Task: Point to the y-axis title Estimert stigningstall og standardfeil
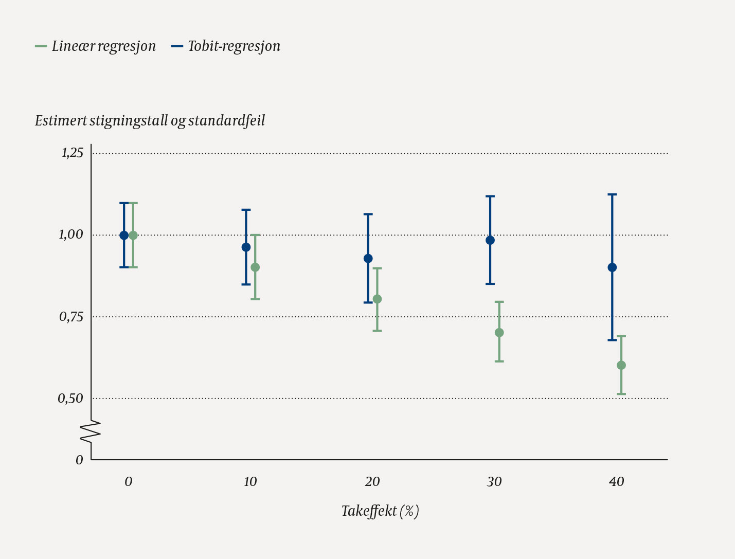[150, 121]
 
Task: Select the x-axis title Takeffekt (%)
[380, 511]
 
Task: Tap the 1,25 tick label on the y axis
[72, 153]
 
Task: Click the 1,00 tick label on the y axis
[71, 235]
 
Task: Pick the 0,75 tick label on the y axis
[71, 317]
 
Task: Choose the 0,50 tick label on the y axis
[70, 399]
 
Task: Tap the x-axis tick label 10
[250, 482]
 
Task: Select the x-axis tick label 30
[494, 482]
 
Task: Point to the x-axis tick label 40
[616, 482]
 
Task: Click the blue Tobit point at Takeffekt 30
[490, 240]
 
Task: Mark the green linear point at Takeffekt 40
[621, 365]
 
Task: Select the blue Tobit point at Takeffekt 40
[612, 267]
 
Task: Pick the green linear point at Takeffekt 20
[377, 299]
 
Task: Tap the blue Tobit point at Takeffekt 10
[246, 247]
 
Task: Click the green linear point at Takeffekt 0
[133, 236]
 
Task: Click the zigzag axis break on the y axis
[91, 431]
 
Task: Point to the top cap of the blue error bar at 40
[612, 194]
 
